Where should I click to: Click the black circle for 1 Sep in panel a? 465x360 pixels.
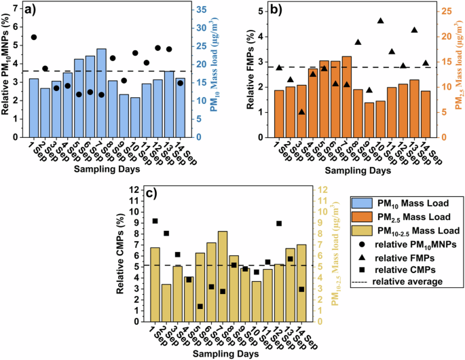(x=34, y=37)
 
